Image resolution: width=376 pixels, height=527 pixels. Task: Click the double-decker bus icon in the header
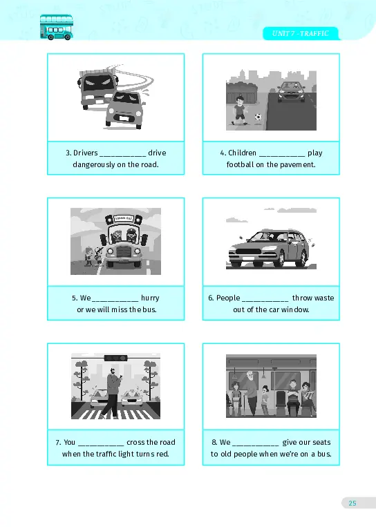click(56, 27)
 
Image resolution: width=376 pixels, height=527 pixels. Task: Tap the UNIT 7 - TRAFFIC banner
click(301, 33)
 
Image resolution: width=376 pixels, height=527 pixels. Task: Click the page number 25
click(352, 503)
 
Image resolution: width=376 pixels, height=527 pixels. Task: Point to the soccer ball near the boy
click(258, 117)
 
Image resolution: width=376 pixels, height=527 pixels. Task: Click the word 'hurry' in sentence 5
click(150, 298)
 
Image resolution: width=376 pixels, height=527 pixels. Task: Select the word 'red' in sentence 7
click(162, 454)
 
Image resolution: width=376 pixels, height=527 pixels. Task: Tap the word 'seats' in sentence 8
click(322, 442)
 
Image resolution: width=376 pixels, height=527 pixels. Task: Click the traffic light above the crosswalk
click(116, 358)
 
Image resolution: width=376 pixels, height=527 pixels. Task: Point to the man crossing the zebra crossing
click(113, 393)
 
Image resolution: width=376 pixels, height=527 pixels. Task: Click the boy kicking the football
click(240, 111)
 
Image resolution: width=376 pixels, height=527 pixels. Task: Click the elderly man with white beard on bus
click(250, 392)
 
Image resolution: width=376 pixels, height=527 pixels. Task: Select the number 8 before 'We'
click(214, 442)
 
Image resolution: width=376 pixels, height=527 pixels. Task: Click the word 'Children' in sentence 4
click(242, 153)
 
